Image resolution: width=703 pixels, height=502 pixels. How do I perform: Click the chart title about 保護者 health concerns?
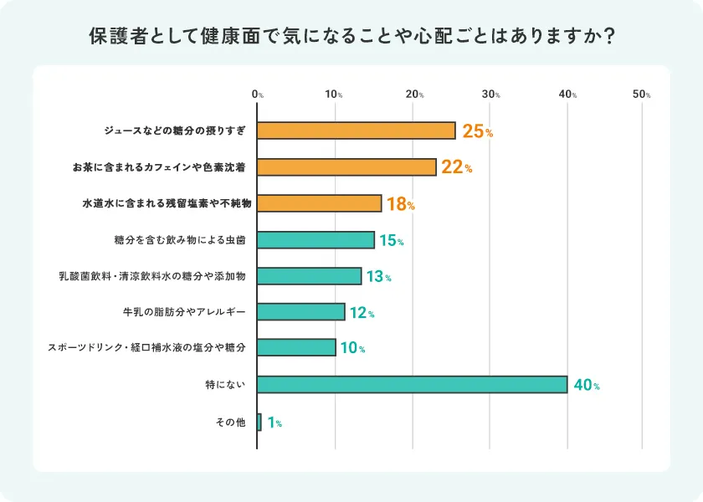pyautogui.click(x=351, y=37)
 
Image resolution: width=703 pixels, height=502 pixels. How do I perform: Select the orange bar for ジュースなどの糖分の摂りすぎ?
pyautogui.click(x=357, y=131)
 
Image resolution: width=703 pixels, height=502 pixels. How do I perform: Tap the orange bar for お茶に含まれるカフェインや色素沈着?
pyautogui.click(x=346, y=167)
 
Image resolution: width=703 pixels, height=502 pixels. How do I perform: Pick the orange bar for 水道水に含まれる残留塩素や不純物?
pyautogui.click(x=319, y=203)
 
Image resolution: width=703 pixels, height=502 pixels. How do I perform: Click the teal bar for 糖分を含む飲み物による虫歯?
pyautogui.click(x=316, y=240)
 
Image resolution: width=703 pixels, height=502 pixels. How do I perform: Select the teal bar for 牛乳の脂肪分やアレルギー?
pyautogui.click(x=300, y=312)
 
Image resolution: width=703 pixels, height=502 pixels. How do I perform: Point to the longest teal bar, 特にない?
pyautogui.click(x=412, y=385)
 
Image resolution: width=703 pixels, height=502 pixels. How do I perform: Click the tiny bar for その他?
pyautogui.click(x=259, y=423)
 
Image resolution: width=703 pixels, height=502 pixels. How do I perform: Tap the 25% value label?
pyautogui.click(x=477, y=131)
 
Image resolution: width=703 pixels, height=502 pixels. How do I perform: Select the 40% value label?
pyautogui.click(x=586, y=385)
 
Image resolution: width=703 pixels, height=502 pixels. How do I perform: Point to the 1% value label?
pyautogui.click(x=275, y=423)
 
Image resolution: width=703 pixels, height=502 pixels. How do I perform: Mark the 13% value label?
pyautogui.click(x=378, y=276)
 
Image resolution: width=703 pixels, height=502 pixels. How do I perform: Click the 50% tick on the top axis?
pyautogui.click(x=642, y=95)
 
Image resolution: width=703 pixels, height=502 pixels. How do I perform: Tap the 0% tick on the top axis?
pyautogui.click(x=258, y=95)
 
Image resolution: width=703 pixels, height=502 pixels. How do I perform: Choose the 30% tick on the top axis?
pyautogui.click(x=490, y=95)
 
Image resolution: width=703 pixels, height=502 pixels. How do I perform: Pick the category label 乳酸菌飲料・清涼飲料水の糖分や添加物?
pyautogui.click(x=151, y=276)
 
